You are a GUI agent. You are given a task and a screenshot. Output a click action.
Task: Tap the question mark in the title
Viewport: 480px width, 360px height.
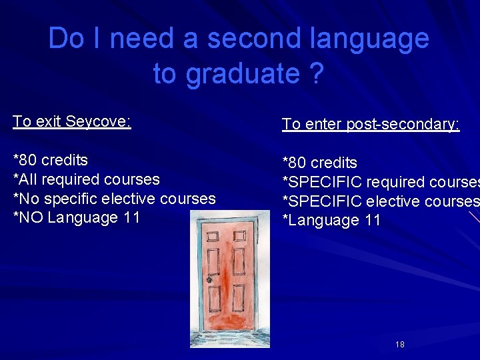[x=317, y=73]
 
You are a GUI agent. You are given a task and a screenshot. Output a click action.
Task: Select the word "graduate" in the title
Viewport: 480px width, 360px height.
[x=243, y=73]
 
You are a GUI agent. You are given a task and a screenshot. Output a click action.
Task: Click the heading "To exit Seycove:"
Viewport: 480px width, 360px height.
[x=72, y=121]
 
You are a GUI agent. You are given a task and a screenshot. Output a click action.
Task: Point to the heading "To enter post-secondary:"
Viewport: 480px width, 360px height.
[x=371, y=124]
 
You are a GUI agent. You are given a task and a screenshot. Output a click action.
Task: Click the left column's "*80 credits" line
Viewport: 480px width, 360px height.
[x=51, y=160]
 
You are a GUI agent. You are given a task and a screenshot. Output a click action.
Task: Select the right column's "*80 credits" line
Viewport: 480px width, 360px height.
[x=320, y=163]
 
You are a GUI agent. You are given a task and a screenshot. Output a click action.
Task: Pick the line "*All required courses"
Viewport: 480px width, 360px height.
[x=87, y=179]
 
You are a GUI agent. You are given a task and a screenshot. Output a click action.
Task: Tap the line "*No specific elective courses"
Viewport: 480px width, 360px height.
[x=115, y=199]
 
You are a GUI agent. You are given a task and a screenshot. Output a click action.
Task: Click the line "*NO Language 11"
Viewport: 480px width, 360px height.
[x=77, y=217]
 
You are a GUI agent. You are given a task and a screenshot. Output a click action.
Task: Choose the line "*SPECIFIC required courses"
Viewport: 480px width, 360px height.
[x=380, y=182]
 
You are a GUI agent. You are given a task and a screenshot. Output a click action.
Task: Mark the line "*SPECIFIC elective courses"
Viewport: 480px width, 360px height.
[x=380, y=201]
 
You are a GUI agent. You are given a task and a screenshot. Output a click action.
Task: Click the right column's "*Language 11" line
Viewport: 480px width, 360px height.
[x=331, y=221]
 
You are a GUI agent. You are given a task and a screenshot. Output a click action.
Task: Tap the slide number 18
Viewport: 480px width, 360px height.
[x=400, y=345]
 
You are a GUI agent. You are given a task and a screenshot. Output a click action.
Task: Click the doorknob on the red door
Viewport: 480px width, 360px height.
[x=209, y=280]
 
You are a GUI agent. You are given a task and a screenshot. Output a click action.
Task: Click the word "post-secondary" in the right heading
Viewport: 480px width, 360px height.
[x=403, y=124]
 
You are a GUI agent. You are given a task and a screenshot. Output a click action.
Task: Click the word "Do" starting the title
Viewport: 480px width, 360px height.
[x=66, y=39]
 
